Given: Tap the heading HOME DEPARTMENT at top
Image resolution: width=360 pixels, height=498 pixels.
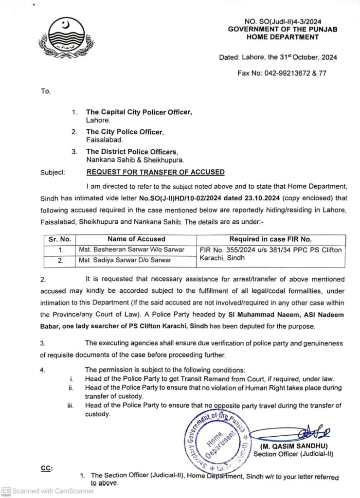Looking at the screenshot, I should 282,37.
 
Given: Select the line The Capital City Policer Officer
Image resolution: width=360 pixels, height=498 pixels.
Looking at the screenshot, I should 139,112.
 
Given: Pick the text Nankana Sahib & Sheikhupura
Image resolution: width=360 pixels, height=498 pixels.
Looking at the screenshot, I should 136,160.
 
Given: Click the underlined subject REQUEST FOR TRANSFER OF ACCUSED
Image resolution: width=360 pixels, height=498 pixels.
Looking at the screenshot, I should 155,172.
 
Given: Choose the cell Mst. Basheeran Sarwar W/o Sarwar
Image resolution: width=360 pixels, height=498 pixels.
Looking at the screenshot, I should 131,249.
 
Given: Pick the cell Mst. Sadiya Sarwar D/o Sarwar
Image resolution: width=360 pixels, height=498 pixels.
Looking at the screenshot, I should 125,260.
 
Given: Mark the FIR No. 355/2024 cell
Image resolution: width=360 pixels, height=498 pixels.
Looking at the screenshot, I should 270,254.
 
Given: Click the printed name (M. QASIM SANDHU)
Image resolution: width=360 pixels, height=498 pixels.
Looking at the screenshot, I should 294,446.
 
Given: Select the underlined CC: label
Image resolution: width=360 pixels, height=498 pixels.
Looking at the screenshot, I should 47,468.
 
